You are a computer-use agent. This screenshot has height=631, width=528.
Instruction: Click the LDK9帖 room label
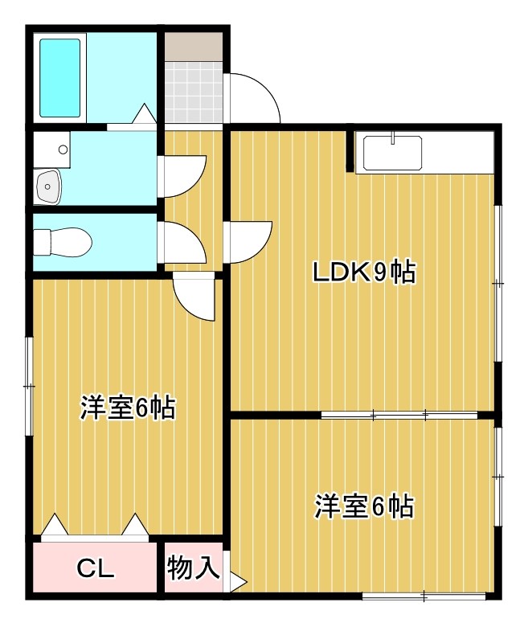tap(363, 273)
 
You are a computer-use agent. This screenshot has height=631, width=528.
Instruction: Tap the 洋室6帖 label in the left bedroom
tap(127, 408)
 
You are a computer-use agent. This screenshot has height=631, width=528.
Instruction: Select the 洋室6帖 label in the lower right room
tap(363, 506)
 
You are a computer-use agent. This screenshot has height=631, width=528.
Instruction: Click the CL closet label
tap(96, 569)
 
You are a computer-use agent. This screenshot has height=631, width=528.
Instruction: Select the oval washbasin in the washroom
tap(49, 188)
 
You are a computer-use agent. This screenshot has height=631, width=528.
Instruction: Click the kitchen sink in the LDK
tap(392, 154)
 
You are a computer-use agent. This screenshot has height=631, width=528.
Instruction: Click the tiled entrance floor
tap(193, 92)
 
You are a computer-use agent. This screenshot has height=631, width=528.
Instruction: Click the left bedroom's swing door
tap(195, 296)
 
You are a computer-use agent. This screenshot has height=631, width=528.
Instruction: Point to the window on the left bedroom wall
tap(30, 387)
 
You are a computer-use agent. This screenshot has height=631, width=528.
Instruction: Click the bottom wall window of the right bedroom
tap(424, 596)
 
